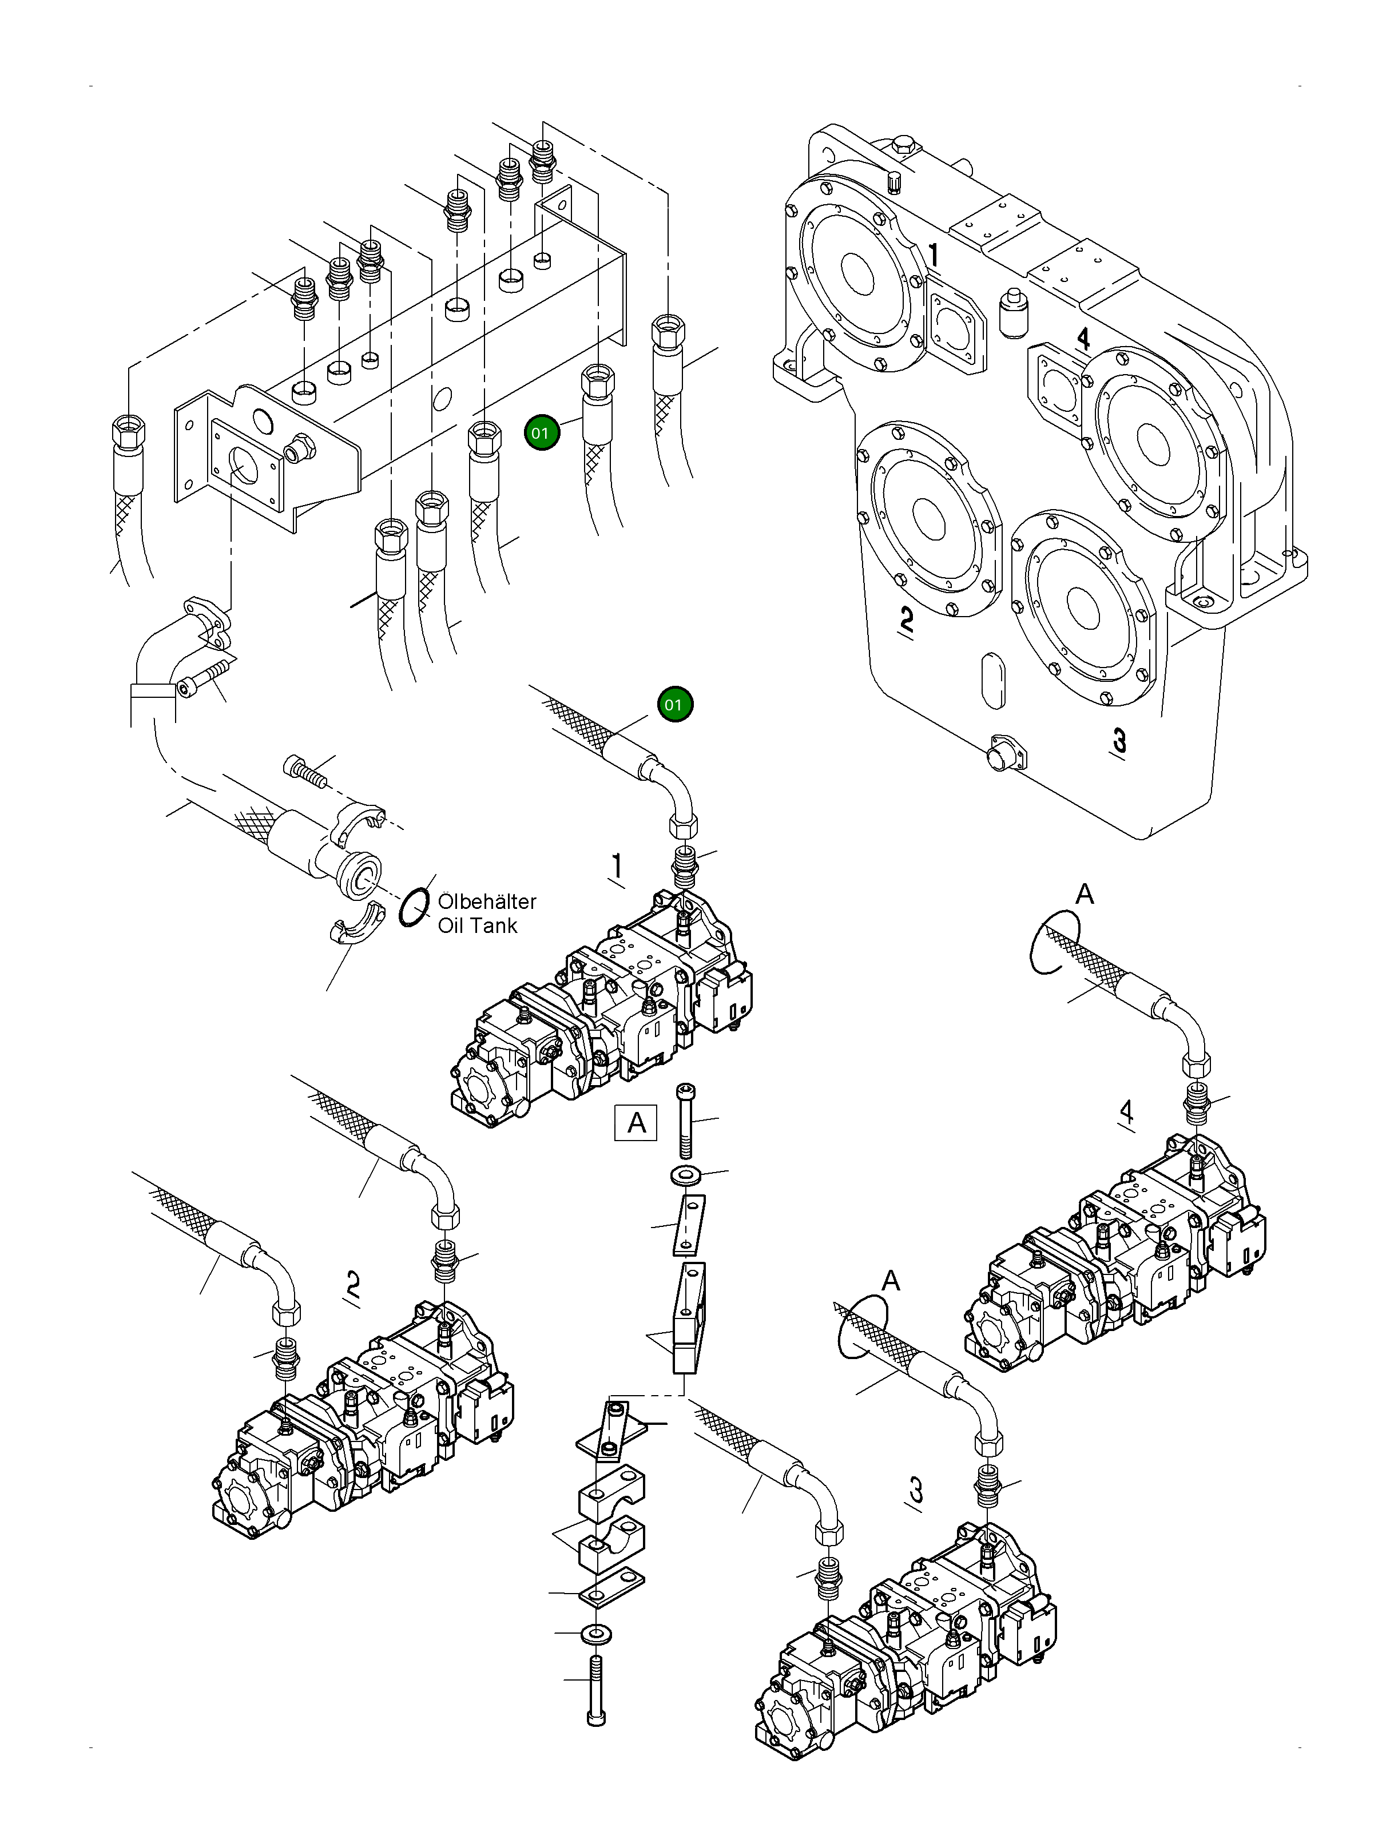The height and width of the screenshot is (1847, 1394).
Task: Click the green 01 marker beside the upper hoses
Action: (x=541, y=432)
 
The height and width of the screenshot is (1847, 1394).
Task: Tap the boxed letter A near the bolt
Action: (x=636, y=1123)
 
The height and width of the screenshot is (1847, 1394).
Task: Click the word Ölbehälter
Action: (x=487, y=902)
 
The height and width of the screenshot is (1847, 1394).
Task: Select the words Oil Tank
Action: (x=478, y=925)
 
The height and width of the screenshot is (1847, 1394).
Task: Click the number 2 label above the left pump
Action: (x=354, y=1284)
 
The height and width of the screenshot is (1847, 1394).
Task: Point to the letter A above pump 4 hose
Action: (x=1084, y=894)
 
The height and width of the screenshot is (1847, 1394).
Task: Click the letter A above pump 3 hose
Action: (x=891, y=1281)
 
